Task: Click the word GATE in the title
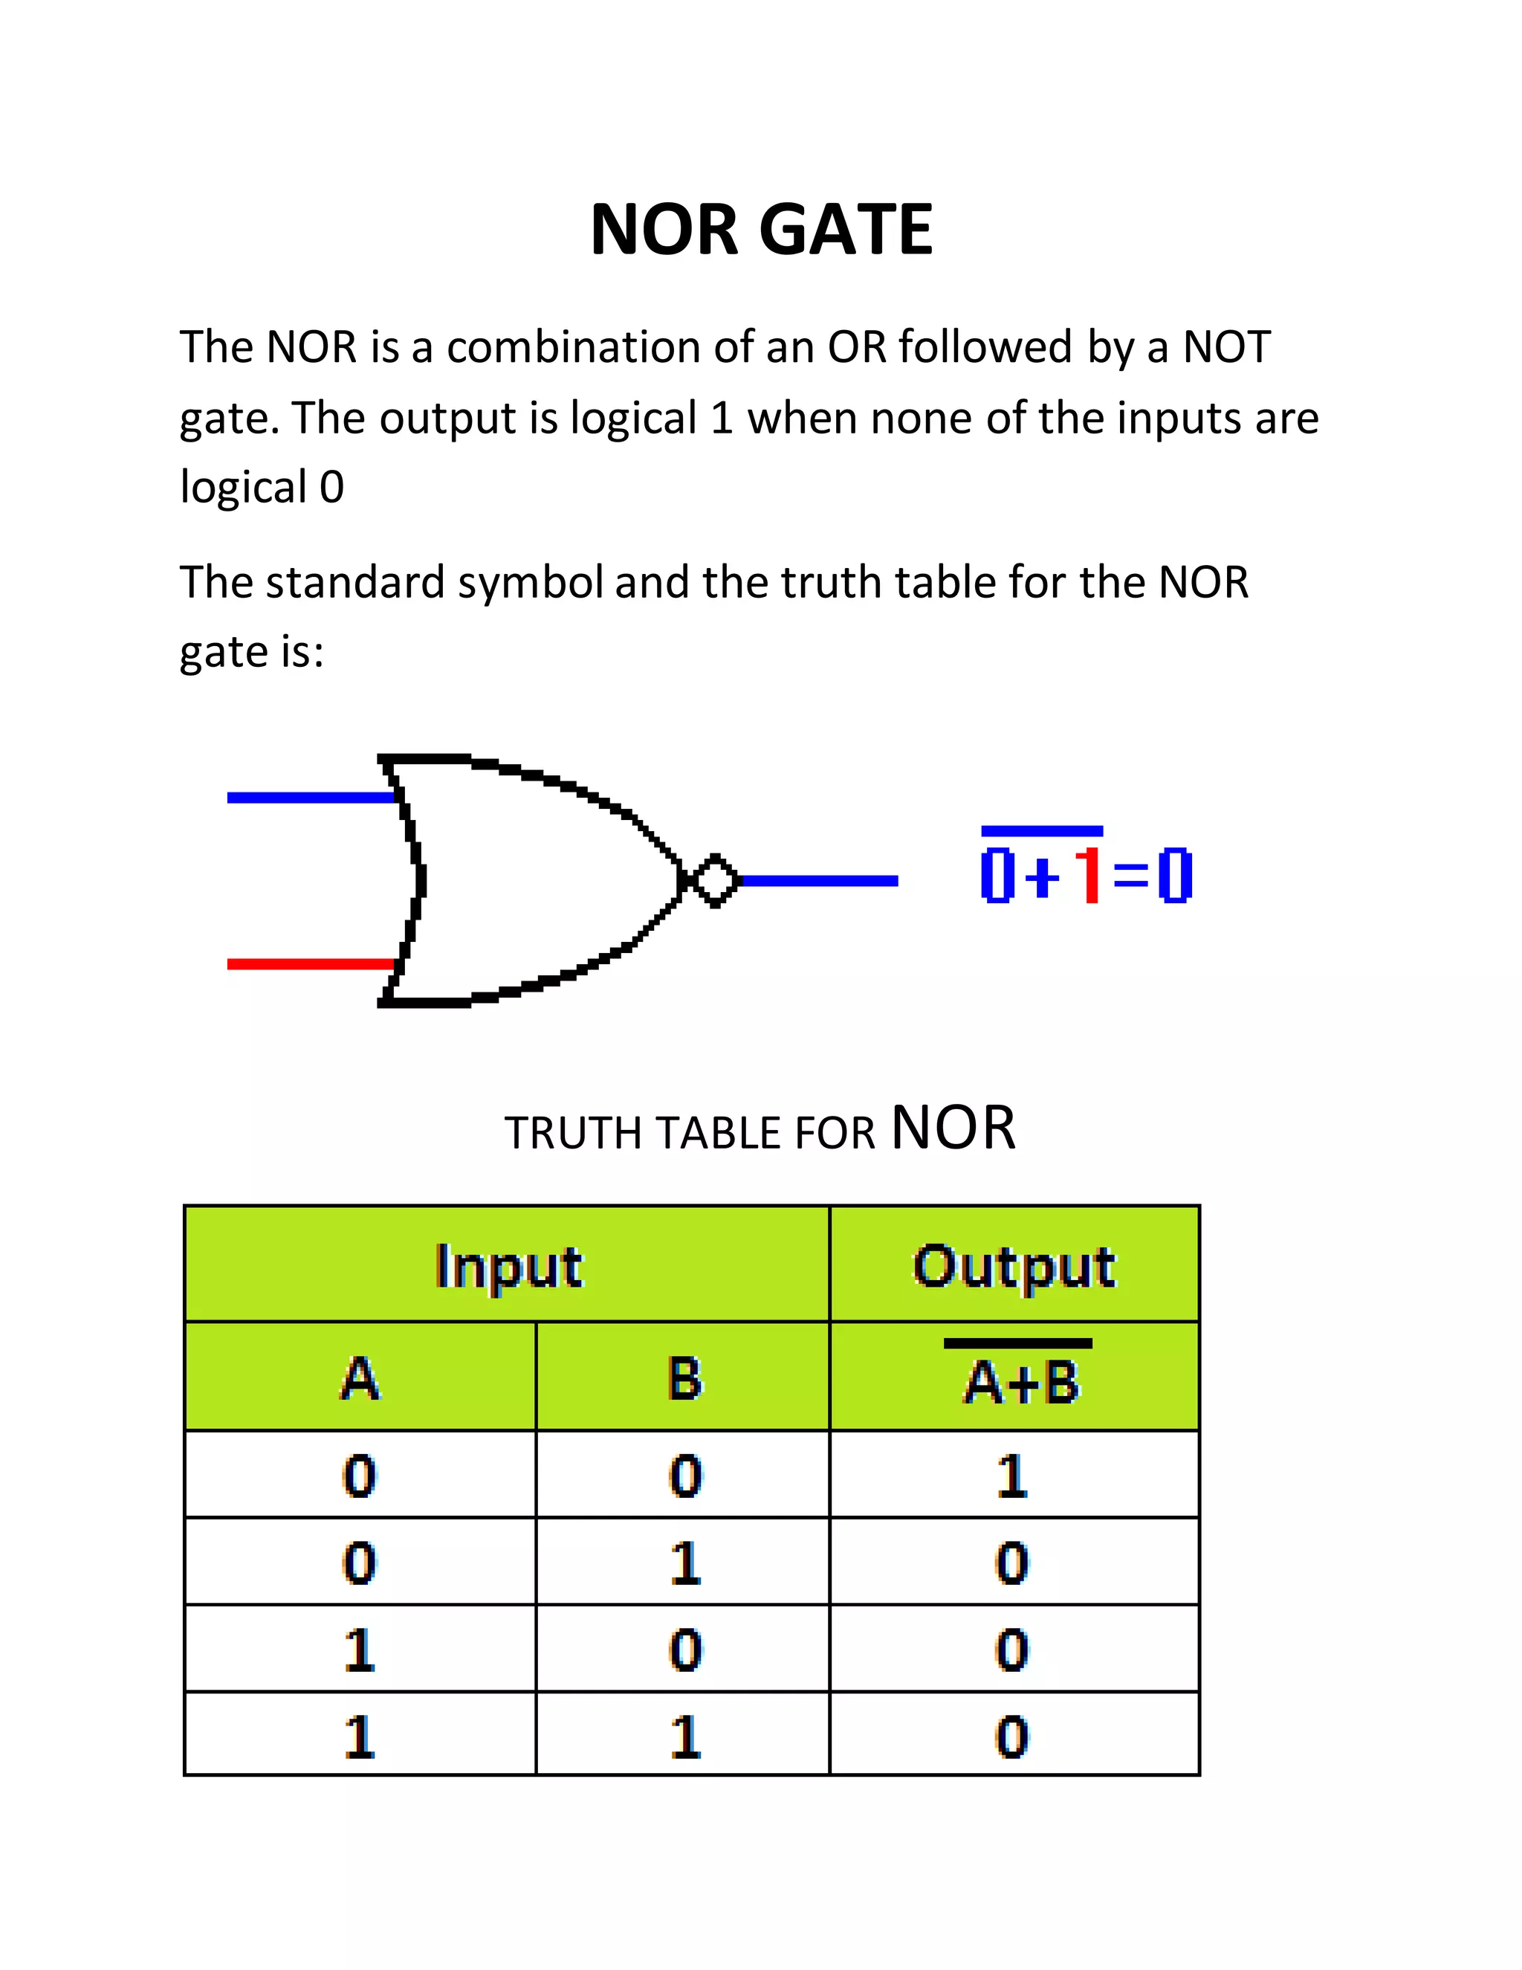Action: [x=846, y=229]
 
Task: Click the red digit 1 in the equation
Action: [x=1090, y=875]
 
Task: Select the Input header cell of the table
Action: [x=508, y=1265]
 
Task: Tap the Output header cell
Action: [x=1014, y=1265]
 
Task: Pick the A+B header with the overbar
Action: [x=1020, y=1379]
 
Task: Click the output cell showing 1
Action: [x=1013, y=1476]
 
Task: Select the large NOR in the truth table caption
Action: [x=953, y=1128]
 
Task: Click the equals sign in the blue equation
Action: [x=1130, y=875]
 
